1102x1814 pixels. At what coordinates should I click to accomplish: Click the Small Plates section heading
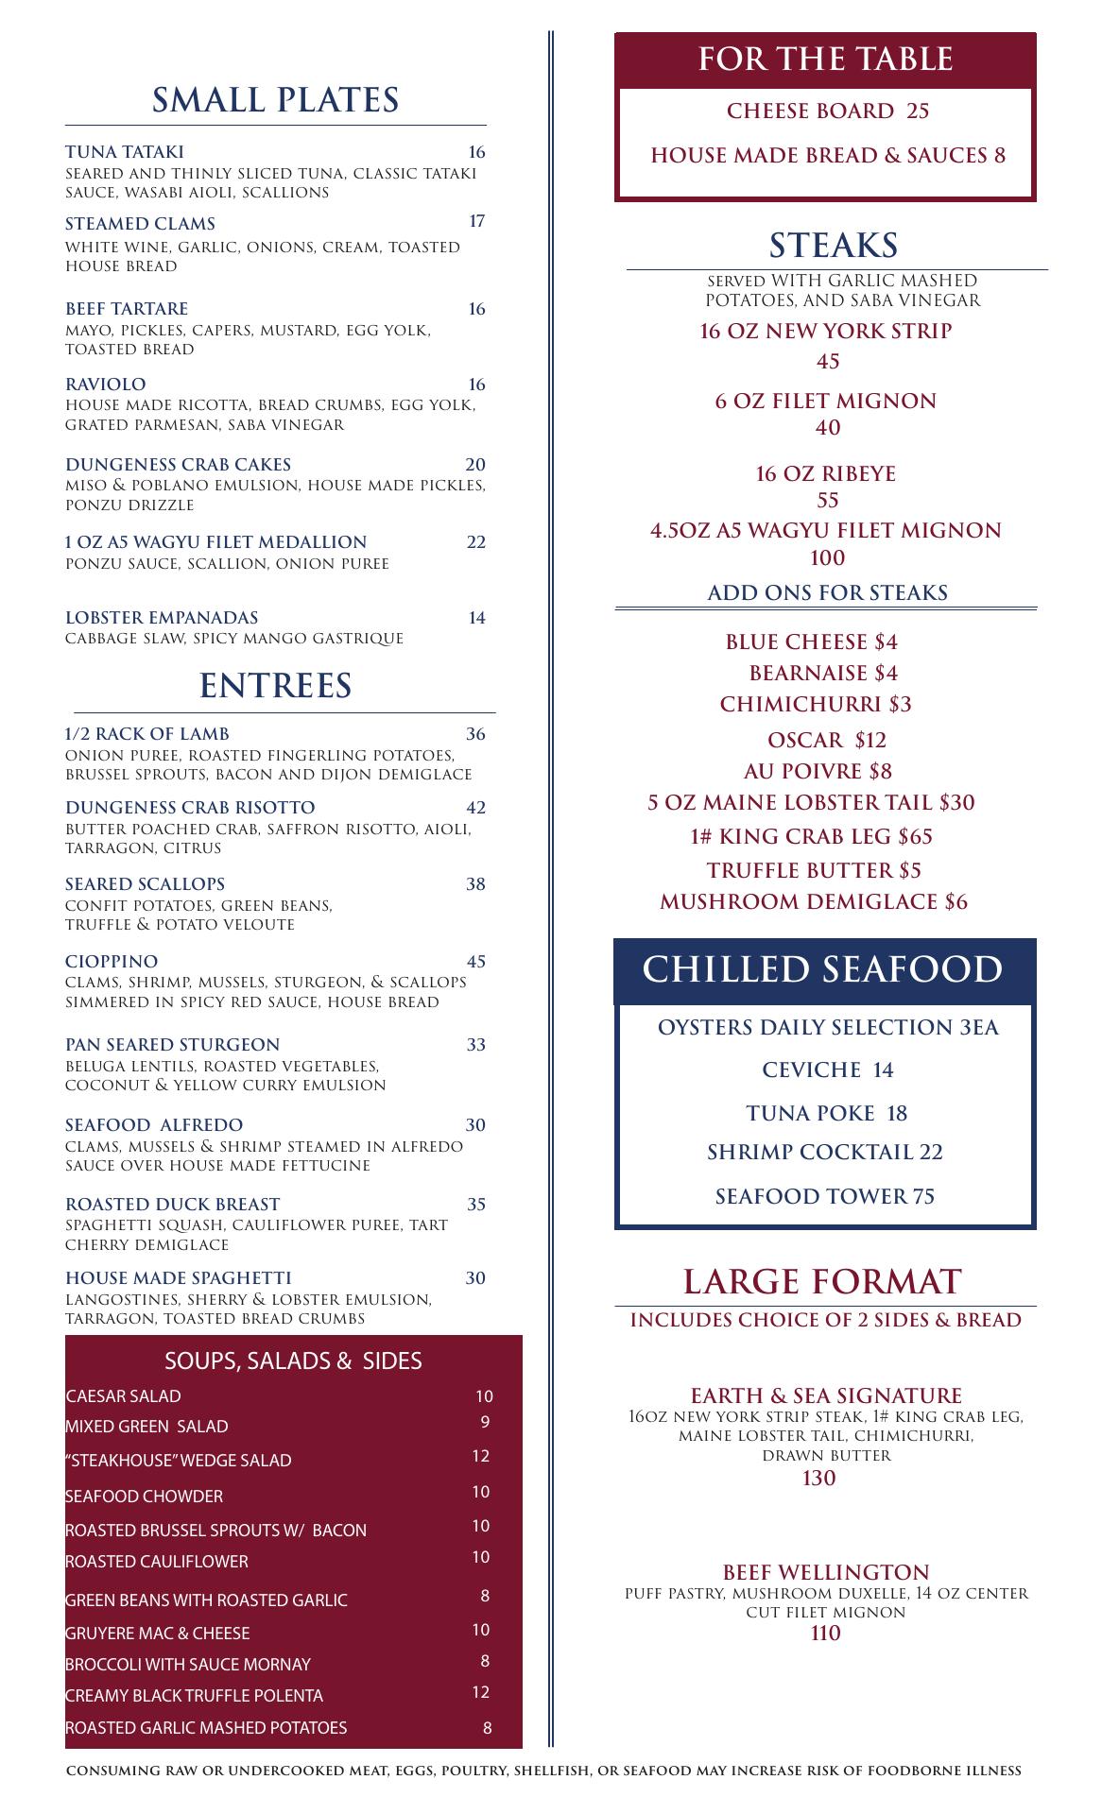point(275,100)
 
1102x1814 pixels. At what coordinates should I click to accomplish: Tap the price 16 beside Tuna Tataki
point(476,152)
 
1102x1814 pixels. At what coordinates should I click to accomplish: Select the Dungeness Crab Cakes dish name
point(178,465)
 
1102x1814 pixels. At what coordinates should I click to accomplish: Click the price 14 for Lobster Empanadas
point(476,618)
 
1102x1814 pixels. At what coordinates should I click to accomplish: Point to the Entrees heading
point(275,686)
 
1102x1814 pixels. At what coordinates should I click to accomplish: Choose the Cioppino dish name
point(112,962)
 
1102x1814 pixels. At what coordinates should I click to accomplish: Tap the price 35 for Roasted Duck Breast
point(475,1205)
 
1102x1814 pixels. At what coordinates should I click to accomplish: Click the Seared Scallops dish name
point(145,884)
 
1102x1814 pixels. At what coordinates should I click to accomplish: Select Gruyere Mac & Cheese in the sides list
point(158,1634)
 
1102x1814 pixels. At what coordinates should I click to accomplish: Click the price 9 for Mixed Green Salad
point(484,1422)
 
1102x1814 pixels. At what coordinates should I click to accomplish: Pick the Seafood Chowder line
point(144,1497)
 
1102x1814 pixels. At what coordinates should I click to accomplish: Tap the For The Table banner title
point(825,60)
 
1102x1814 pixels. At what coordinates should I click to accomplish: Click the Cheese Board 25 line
point(828,111)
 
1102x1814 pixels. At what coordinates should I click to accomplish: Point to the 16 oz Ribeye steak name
point(825,474)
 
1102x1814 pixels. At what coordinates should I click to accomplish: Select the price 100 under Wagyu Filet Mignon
point(827,558)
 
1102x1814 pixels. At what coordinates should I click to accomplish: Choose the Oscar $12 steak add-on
point(827,740)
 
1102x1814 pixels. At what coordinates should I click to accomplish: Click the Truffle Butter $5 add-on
point(814,870)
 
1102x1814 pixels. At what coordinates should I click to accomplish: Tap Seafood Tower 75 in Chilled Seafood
point(824,1197)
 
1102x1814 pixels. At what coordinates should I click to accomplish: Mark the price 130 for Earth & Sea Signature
point(818,1479)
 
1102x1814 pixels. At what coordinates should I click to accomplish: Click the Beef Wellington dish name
point(826,1573)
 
